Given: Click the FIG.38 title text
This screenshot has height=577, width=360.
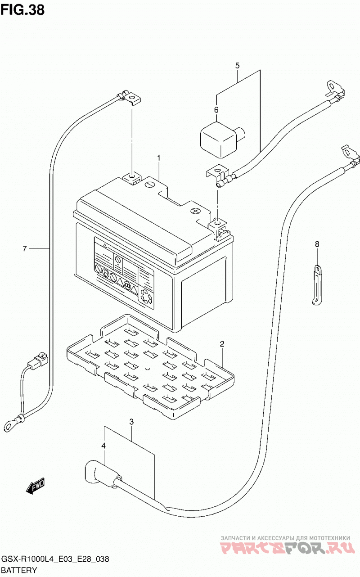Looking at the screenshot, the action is pyautogui.click(x=22, y=9).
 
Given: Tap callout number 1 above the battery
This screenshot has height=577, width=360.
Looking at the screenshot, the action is pyautogui.click(x=159, y=158).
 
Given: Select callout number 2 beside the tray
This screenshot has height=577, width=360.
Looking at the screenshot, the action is pyautogui.click(x=222, y=343).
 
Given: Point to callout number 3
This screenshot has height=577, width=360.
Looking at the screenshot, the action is pyautogui.click(x=131, y=422).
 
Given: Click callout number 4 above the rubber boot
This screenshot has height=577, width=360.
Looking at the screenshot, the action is pyautogui.click(x=103, y=446).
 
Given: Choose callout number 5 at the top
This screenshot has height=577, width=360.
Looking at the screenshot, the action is pyautogui.click(x=237, y=65).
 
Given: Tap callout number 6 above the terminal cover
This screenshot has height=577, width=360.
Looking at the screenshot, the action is pyautogui.click(x=216, y=110).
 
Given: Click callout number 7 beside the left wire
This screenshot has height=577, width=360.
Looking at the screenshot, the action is pyautogui.click(x=25, y=248).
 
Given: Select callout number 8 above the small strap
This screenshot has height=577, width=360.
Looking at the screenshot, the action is pyautogui.click(x=317, y=244).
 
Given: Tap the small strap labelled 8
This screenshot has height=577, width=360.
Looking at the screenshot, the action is pyautogui.click(x=317, y=285).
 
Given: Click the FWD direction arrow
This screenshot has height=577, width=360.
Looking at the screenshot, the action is pyautogui.click(x=35, y=487).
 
